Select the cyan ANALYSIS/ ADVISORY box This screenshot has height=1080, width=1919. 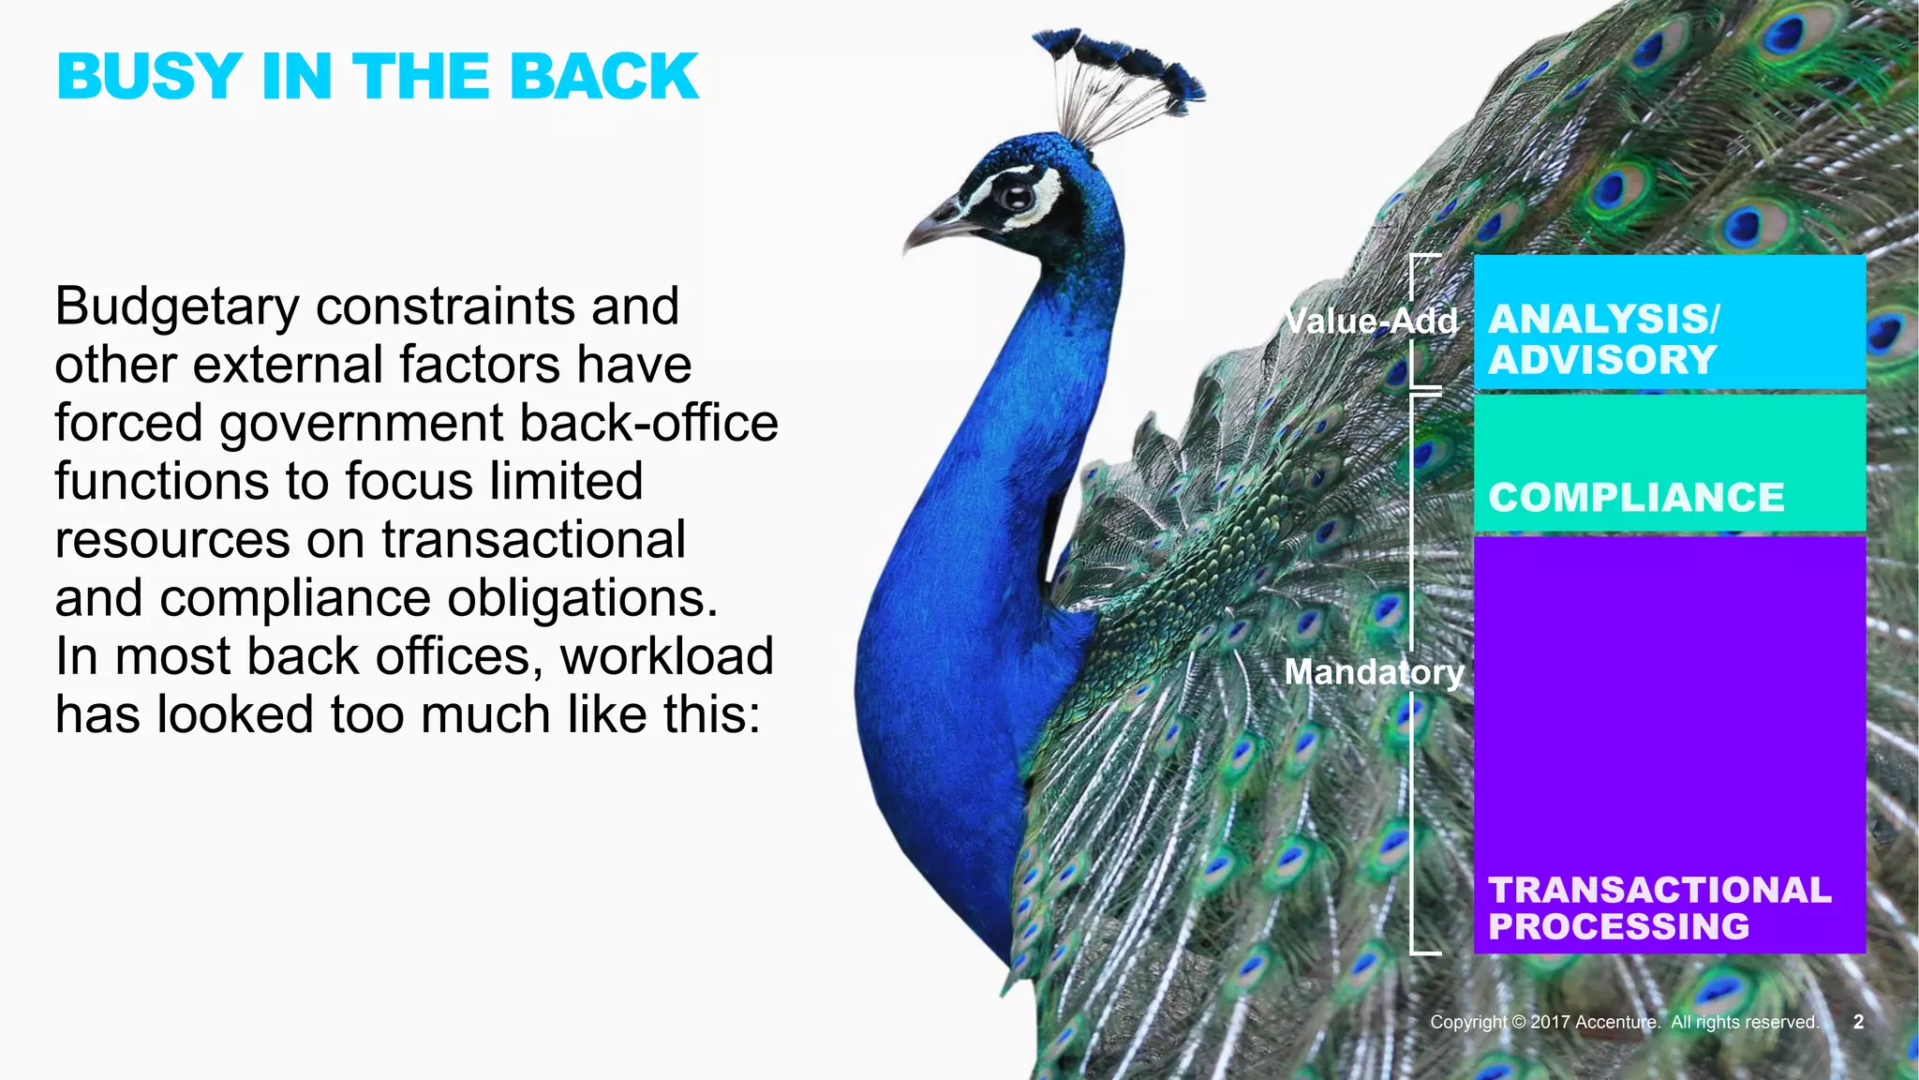click(x=1669, y=322)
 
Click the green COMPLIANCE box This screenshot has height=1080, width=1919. click(x=1669, y=463)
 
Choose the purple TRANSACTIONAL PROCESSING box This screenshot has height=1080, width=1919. click(x=1669, y=744)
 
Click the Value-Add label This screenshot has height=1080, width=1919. click(x=1371, y=322)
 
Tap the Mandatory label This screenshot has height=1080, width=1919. click(x=1374, y=672)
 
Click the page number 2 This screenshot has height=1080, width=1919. click(x=1858, y=1022)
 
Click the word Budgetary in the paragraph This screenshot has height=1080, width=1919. click(x=177, y=307)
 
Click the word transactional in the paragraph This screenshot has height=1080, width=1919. click(x=533, y=540)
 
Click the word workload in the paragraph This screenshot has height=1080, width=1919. click(x=666, y=656)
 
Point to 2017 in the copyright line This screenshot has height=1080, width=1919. click(x=1550, y=1022)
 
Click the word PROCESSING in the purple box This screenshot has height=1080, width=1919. click(x=1618, y=927)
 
